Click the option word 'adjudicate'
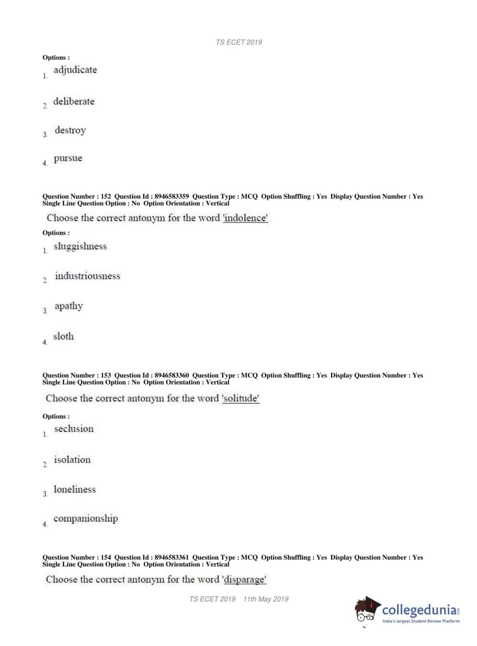point(75,70)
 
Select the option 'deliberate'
point(73,101)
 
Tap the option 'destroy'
point(70,131)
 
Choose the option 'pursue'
point(68,158)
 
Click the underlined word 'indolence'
point(245,218)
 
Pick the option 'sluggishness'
point(80,246)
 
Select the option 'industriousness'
point(87,276)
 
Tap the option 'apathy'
point(69,306)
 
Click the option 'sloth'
point(63,336)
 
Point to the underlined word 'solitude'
point(241,398)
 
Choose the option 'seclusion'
point(74,429)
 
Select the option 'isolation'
point(72,460)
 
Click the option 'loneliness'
point(74,489)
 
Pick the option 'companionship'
point(85,518)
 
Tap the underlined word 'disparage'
point(244,580)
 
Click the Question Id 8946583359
point(172,196)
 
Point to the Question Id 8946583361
point(172,557)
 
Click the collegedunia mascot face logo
point(366,610)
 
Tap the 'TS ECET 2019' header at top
point(239,42)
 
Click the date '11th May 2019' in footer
point(265,599)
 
